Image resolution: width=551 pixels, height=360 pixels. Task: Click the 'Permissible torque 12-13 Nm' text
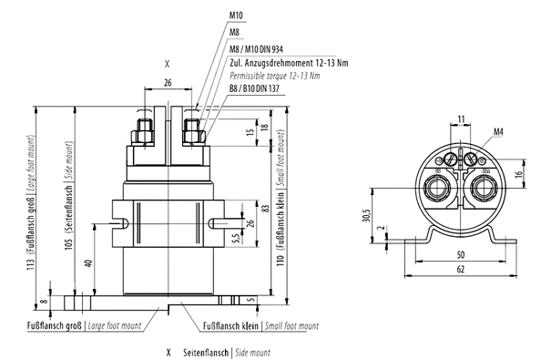276,76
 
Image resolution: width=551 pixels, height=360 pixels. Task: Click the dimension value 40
87,264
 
